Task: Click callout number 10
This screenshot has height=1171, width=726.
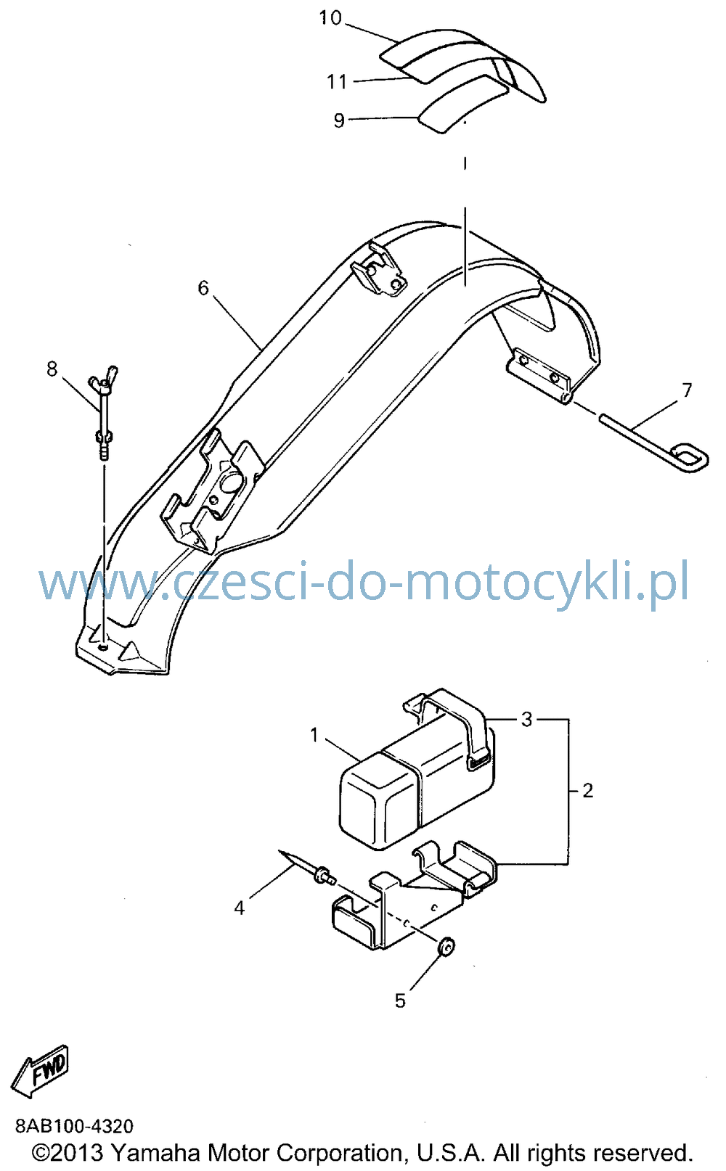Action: [x=330, y=17]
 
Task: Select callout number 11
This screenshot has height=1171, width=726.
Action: [x=337, y=81]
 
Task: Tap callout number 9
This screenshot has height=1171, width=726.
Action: [x=339, y=120]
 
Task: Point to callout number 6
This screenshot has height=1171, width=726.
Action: [x=203, y=287]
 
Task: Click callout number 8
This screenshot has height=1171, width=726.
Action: [x=52, y=369]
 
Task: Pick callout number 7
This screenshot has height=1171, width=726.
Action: [x=687, y=390]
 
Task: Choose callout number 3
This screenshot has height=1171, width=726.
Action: [x=527, y=719]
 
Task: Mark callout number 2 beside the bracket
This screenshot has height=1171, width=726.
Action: [x=587, y=790]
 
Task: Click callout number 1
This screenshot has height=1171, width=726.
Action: [x=314, y=735]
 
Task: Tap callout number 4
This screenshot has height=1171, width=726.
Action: [x=239, y=908]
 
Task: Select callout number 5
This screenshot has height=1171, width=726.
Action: [x=400, y=1001]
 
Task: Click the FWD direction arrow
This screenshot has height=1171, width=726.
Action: [x=40, y=1070]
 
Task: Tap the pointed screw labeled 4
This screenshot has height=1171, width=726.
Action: [x=308, y=869]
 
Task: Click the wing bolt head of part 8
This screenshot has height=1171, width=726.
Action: [x=104, y=377]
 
